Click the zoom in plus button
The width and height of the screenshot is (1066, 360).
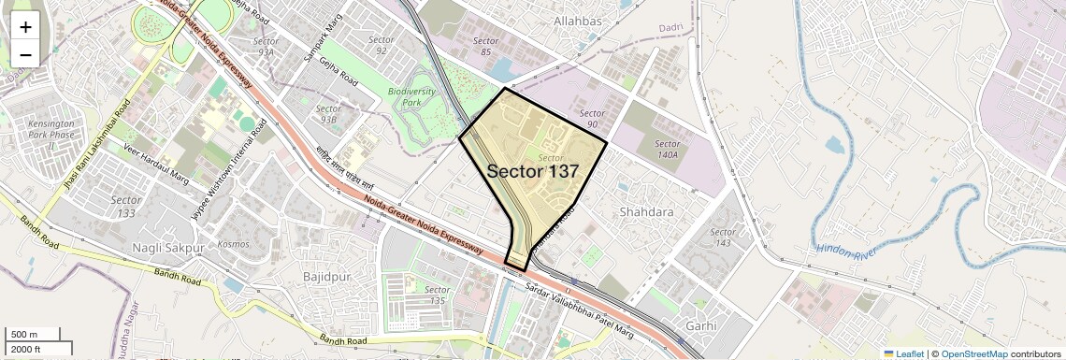(x=25, y=27)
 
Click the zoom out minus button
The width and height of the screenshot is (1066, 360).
(x=25, y=55)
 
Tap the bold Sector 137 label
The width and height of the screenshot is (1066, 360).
(x=533, y=172)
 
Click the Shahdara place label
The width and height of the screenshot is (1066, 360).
(x=646, y=212)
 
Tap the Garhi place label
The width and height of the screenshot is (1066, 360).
(x=700, y=326)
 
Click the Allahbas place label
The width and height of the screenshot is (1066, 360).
(x=578, y=20)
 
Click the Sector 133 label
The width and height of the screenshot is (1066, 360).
(x=126, y=206)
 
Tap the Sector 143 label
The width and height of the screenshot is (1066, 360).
(x=722, y=238)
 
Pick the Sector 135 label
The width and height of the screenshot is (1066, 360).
(x=436, y=295)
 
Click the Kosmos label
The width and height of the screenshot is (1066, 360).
(x=233, y=244)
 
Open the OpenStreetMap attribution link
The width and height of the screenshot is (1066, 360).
(x=974, y=353)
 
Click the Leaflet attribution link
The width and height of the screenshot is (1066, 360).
(x=904, y=353)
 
